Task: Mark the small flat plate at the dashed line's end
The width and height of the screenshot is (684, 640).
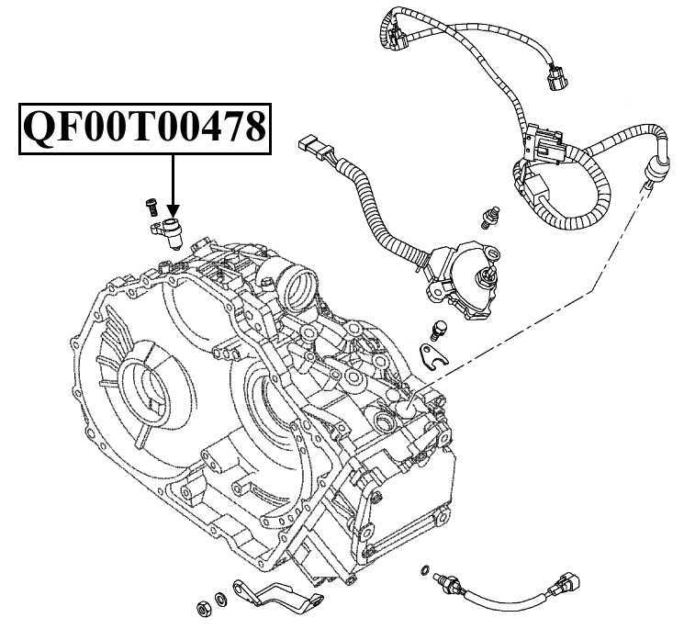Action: (x=431, y=353)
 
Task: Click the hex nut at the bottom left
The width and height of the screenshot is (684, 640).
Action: (x=201, y=608)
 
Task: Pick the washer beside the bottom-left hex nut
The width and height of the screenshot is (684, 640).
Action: (x=219, y=601)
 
